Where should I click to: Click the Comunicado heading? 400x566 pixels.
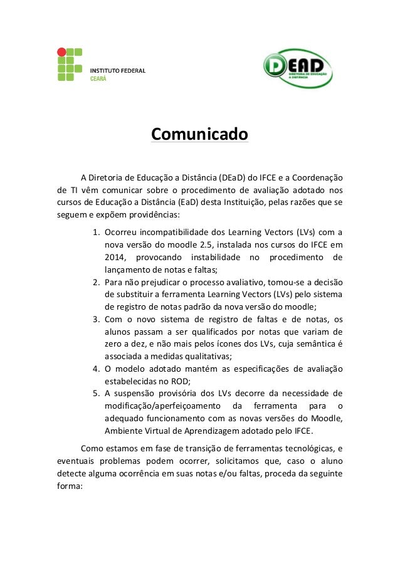pos(199,135)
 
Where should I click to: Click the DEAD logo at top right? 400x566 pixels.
pos(297,68)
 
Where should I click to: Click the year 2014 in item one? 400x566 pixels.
pos(115,258)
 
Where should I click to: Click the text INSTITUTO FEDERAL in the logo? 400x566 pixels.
pos(118,70)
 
